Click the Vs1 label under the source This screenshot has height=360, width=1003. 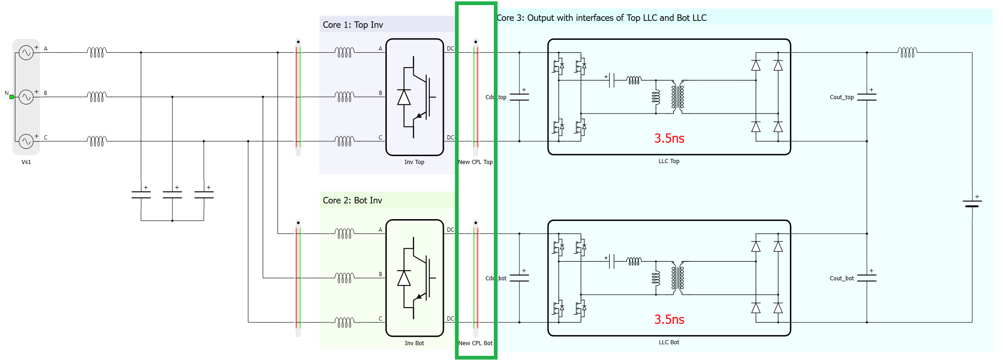[x=26, y=162]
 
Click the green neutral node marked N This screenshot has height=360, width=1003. [x=12, y=97]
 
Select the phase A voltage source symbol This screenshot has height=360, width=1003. [x=26, y=53]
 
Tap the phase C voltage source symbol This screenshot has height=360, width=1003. [x=26, y=141]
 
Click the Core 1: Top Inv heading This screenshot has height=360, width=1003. [x=353, y=25]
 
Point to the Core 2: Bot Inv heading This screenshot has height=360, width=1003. [x=352, y=201]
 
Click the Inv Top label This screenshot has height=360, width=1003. [x=414, y=162]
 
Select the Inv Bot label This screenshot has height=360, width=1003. [x=414, y=343]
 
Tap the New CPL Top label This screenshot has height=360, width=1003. [x=475, y=162]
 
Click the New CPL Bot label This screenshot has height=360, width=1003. [x=475, y=343]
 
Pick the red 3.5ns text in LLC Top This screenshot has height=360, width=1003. [x=669, y=138]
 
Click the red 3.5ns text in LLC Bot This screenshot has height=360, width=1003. [x=669, y=319]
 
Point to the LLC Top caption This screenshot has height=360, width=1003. [x=669, y=161]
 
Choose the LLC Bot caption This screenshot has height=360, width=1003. [x=669, y=342]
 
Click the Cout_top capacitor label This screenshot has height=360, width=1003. [x=841, y=97]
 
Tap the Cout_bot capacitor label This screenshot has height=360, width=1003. [x=841, y=278]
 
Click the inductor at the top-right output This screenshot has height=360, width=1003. [x=907, y=52]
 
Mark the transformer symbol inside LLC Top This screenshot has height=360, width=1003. [x=678, y=97]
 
